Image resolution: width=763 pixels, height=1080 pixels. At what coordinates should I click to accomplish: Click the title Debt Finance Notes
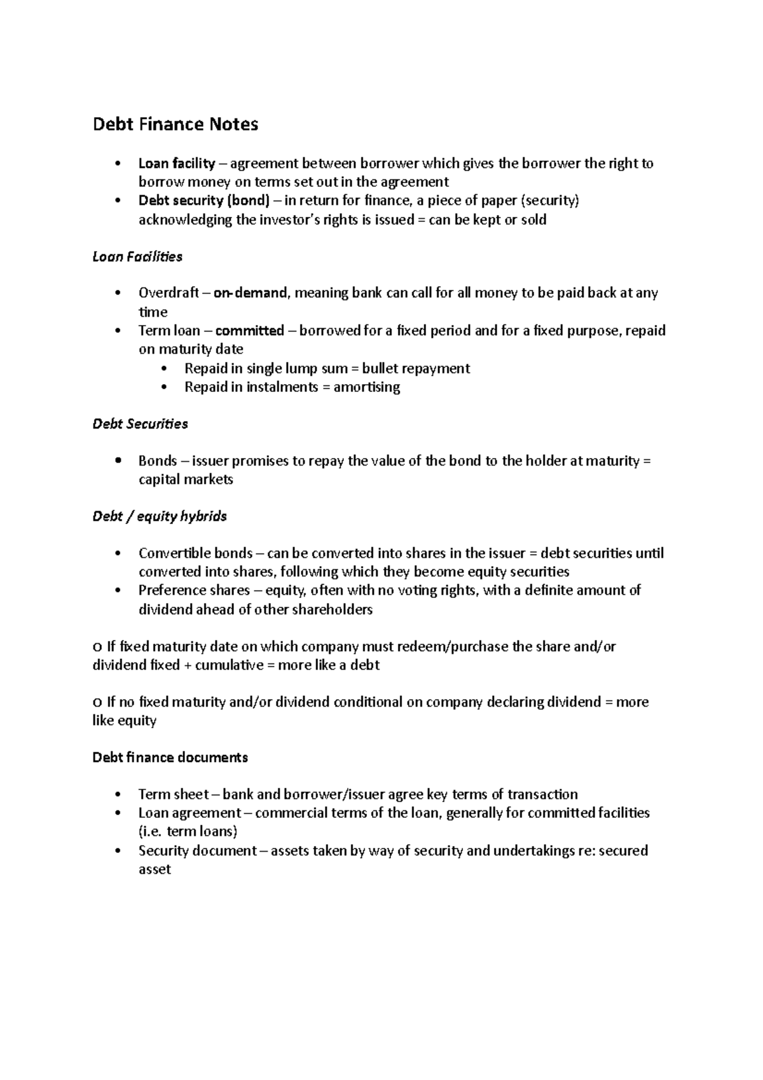pyautogui.click(x=175, y=124)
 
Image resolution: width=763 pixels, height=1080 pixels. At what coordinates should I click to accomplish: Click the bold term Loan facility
pyautogui.click(x=177, y=163)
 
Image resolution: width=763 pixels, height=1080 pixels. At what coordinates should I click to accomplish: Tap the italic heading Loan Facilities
pyautogui.click(x=137, y=257)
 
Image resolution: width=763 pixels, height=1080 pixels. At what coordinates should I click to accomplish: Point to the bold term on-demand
pyautogui.click(x=251, y=293)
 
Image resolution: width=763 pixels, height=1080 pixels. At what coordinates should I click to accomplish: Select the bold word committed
pyautogui.click(x=250, y=331)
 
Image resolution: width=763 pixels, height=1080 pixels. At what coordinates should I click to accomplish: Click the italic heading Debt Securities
pyautogui.click(x=140, y=424)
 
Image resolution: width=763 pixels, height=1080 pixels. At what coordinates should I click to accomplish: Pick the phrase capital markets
pyautogui.click(x=186, y=480)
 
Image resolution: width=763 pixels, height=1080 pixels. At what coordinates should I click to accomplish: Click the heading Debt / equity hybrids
pyautogui.click(x=160, y=516)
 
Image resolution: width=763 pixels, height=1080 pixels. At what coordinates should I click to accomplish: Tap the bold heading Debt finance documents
pyautogui.click(x=170, y=758)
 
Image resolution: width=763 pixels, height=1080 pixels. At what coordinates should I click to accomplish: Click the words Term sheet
pyautogui.click(x=174, y=794)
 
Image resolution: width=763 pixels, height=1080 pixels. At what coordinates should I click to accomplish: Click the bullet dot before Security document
pyautogui.click(x=118, y=851)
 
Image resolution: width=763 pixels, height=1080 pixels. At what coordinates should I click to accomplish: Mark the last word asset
pyautogui.click(x=155, y=869)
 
